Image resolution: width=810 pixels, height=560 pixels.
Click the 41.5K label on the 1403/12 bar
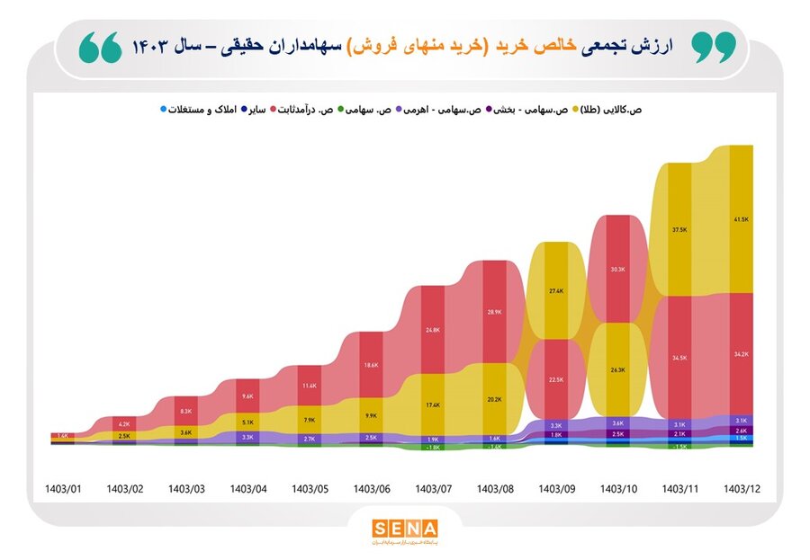[x=742, y=219]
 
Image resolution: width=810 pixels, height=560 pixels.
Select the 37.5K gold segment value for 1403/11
[x=679, y=229]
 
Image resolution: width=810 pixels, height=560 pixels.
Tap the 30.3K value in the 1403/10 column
[x=617, y=270]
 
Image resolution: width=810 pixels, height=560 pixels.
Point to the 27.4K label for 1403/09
[x=555, y=291]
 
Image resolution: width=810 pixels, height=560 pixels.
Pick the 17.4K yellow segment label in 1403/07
[x=432, y=405]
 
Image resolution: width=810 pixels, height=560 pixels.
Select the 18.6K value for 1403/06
[x=371, y=366]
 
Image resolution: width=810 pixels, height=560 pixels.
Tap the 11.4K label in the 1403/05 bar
[x=309, y=387]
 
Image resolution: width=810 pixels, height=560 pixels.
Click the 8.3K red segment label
[x=186, y=411]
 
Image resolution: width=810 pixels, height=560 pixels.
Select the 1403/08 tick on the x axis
[x=493, y=489]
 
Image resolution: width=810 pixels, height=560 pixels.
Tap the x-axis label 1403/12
[x=742, y=489]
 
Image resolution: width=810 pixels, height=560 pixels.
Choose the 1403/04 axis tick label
[x=247, y=489]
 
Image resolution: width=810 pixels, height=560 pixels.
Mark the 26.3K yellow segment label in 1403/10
[x=617, y=370]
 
